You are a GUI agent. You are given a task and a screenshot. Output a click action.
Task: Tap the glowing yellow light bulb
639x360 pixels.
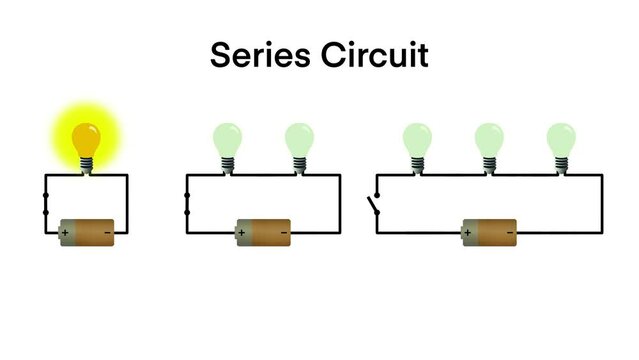[x=87, y=137]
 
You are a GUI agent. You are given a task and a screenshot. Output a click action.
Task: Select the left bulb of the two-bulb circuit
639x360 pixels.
[x=227, y=139]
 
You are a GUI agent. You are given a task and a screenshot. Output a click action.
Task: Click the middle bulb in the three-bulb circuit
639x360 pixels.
[x=489, y=139]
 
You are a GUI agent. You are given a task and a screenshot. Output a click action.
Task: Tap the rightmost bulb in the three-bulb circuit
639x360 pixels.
[x=560, y=139]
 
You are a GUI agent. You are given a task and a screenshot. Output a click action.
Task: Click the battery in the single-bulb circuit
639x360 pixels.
[x=87, y=232]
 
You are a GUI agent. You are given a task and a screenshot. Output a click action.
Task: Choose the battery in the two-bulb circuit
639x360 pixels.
[x=262, y=232]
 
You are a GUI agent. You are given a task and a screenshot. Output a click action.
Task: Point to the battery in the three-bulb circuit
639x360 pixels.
[x=489, y=232]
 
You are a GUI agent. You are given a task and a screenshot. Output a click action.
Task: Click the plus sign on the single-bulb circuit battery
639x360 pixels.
[x=66, y=233]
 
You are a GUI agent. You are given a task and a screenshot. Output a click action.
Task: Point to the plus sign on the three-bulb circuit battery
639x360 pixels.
[x=468, y=233]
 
